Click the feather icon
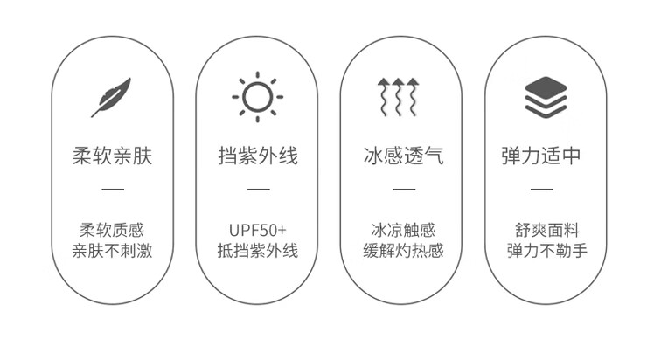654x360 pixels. pos(111,97)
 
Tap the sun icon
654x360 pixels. pos(257,96)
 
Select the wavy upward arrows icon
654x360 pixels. pos(402,97)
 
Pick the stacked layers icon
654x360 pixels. pos(546,97)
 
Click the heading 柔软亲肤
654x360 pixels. pos(112,156)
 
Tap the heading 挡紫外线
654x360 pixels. pos(258,156)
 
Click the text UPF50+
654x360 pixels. pos(258,231)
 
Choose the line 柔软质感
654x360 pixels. pos(112,231)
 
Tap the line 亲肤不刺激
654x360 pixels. pos(112,252)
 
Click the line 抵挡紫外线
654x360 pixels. pos(258,252)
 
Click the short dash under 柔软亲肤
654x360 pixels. pos(113,189)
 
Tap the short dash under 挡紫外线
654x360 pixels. pos(258,189)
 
